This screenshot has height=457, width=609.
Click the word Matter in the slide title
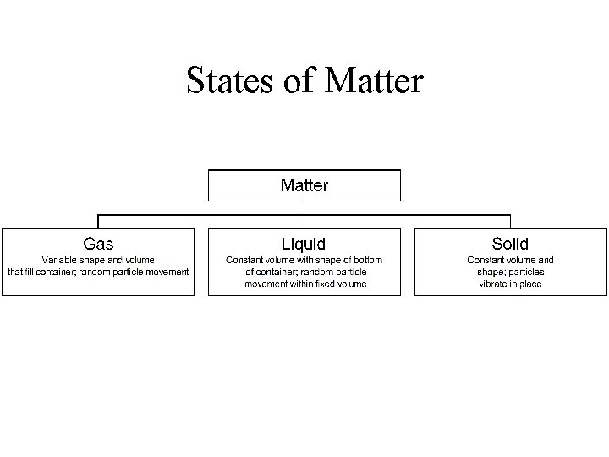tap(374, 81)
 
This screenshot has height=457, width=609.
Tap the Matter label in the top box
tap(304, 184)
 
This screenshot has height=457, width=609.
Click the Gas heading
tap(98, 244)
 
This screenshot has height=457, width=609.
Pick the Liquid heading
tap(304, 244)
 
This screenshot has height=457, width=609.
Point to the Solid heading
tap(510, 244)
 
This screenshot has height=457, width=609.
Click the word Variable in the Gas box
tap(59, 260)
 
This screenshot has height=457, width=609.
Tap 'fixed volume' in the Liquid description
tap(342, 284)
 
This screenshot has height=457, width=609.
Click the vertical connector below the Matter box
tap(304, 206)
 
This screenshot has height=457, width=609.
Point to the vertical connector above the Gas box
tap(98, 220)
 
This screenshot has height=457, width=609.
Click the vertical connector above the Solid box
tap(511, 220)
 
